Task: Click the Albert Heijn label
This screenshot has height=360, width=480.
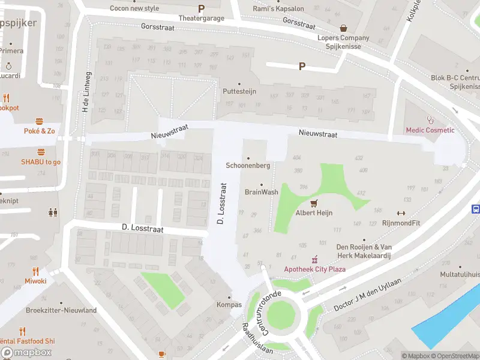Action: [313, 213]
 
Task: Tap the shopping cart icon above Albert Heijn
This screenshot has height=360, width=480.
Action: [313, 203]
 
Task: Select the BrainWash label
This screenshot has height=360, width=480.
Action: [262, 192]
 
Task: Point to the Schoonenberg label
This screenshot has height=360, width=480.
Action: [248, 166]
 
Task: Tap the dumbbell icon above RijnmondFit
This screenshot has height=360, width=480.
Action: [401, 213]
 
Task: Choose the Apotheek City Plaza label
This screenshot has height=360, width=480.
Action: [314, 269]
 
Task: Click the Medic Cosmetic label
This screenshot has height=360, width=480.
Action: [430, 130]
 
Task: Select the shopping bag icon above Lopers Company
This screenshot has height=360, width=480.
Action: [343, 28]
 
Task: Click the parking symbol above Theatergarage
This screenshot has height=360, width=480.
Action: [201, 9]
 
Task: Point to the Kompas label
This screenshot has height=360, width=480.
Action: [229, 305]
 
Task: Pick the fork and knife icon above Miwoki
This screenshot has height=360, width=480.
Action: [35, 271]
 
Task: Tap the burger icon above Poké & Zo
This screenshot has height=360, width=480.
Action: [40, 121]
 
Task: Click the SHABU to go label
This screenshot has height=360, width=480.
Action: [41, 162]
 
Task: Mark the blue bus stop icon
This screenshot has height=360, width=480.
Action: [476, 209]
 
